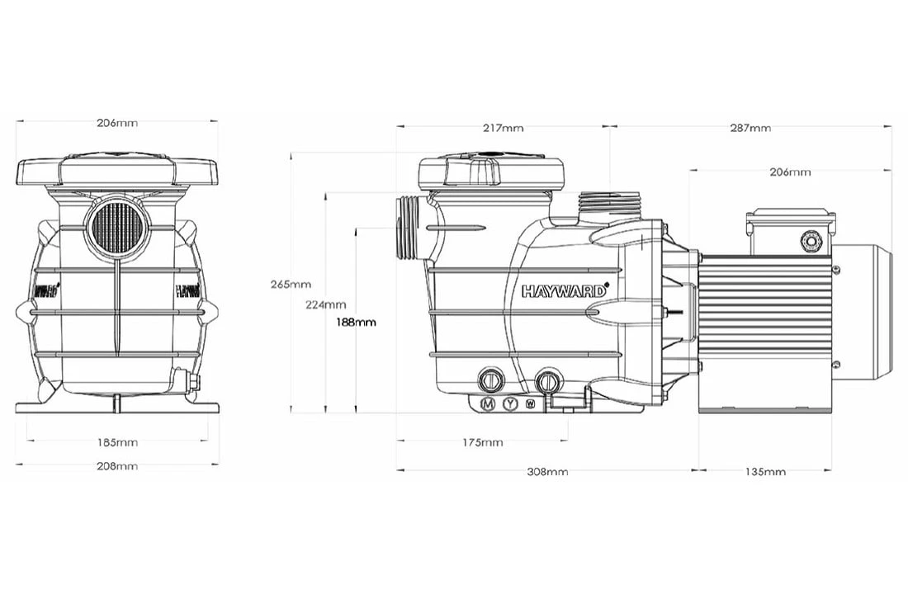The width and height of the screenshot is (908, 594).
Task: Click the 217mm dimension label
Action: [x=503, y=128]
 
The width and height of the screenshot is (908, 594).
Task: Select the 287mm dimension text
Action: [x=750, y=128]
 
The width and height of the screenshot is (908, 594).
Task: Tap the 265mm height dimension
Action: [x=290, y=285]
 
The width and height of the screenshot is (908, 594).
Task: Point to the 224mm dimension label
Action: [x=325, y=304]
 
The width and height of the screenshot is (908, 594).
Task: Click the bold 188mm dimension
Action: [x=356, y=322]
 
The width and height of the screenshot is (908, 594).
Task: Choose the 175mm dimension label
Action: [x=482, y=442]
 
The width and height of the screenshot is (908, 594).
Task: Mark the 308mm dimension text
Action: [x=547, y=472]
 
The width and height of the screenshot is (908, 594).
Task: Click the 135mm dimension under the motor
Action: [x=764, y=472]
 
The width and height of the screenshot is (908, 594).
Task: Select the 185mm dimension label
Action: [x=117, y=442]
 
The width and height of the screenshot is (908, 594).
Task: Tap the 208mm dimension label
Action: [x=117, y=466]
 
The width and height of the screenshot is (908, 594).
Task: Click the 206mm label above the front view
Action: [x=117, y=123]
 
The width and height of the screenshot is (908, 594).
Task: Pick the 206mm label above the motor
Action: [x=790, y=172]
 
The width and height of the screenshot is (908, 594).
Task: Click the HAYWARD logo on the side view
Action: [x=565, y=290]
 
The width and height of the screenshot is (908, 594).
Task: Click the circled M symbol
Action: [x=488, y=403]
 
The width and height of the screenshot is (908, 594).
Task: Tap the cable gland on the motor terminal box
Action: [x=809, y=241]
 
